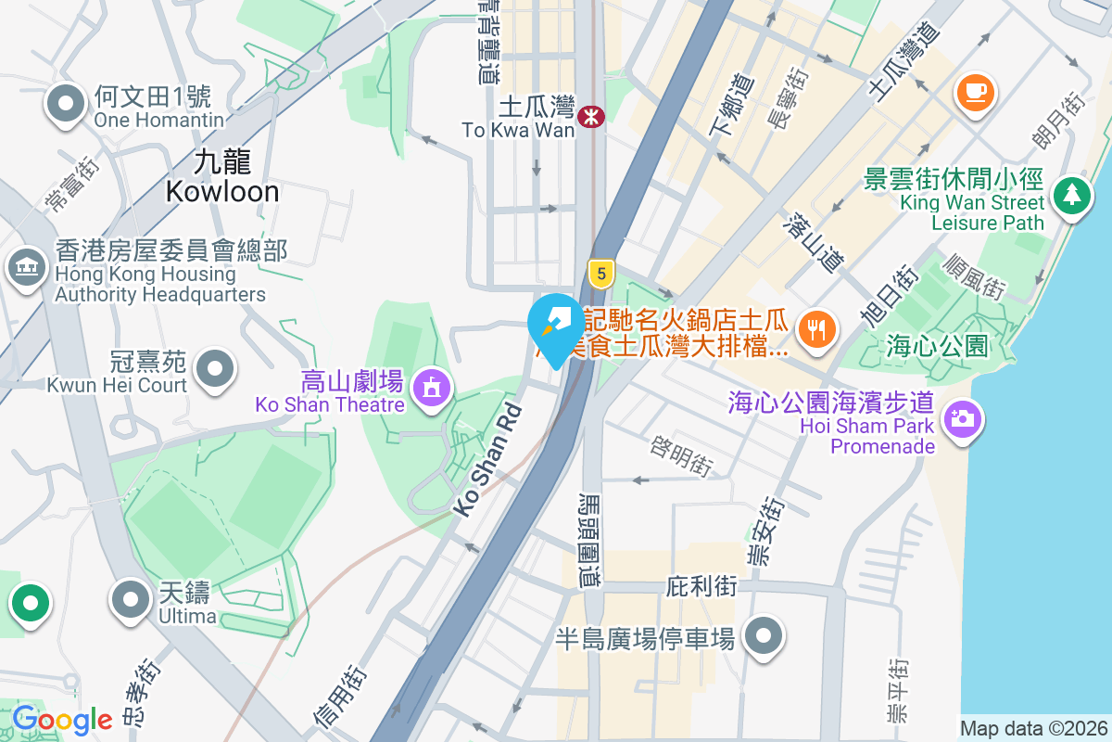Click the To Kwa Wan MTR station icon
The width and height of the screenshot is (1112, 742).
click(590, 117)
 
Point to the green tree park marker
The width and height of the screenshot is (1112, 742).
click(1071, 196)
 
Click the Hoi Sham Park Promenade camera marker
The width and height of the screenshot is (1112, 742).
click(963, 418)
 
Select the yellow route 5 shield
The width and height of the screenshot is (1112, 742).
click(601, 273)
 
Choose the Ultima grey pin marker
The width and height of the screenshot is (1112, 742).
click(131, 598)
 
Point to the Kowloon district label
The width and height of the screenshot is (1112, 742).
click(222, 177)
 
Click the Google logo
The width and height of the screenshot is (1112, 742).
click(62, 720)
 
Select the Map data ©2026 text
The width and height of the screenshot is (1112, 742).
click(1032, 728)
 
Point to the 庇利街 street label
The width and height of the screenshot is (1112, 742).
click(701, 587)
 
